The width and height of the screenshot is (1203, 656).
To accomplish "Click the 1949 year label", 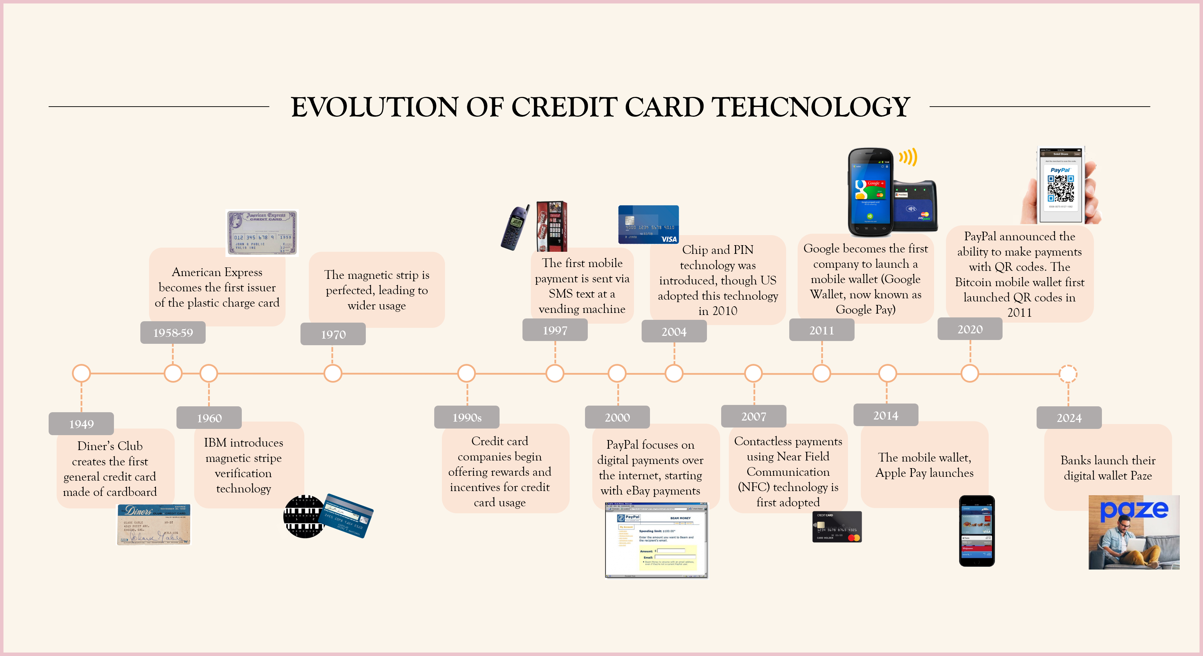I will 81,423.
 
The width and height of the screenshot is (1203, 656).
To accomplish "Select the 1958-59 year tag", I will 173,332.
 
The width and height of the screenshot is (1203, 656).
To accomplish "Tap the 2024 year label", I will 1069,417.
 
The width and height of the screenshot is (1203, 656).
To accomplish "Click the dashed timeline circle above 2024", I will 1068,374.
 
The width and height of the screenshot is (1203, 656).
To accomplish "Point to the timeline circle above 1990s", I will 466,374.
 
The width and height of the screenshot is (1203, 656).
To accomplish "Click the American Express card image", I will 262,233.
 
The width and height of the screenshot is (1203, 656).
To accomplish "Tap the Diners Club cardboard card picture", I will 154,524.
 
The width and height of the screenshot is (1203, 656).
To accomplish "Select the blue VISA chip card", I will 648,225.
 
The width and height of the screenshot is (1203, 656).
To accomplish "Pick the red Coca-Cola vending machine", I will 552,226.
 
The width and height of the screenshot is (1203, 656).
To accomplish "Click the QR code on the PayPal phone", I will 1060,188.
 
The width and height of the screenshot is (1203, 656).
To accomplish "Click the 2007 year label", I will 753,416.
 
